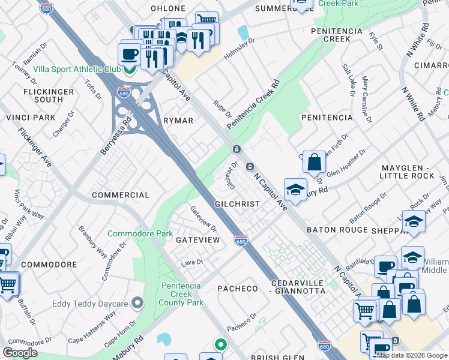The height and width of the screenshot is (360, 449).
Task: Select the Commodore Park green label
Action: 140,233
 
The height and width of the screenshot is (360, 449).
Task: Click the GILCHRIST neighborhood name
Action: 237,204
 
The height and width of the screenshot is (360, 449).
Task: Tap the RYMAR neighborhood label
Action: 178,121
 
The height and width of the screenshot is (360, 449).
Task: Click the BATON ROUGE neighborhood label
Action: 336,230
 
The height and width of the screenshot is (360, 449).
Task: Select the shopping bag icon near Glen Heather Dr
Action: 314,162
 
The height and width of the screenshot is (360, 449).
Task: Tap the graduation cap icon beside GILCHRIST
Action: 295,190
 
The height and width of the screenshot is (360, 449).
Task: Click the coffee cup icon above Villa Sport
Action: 130,55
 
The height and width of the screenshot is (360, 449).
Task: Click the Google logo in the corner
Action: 20,352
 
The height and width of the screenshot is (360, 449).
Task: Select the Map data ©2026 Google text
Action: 412,355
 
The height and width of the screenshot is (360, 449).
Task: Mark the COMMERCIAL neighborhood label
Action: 120,195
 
